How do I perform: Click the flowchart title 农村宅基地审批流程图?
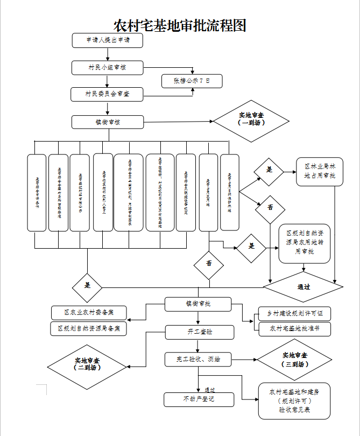click(x=180, y=25)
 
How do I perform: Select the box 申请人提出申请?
click(x=108, y=40)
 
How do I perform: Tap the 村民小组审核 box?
click(x=108, y=67)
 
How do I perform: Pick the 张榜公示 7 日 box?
click(x=192, y=81)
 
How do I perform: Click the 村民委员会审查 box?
click(x=108, y=94)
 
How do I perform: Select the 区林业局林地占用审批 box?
click(x=320, y=172)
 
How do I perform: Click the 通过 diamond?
click(x=303, y=286)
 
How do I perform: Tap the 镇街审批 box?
click(x=199, y=304)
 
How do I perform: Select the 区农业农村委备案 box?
click(x=89, y=313)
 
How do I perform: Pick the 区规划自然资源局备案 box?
click(x=89, y=328)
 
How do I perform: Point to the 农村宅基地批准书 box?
click(x=294, y=328)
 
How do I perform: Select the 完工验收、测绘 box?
click(x=199, y=358)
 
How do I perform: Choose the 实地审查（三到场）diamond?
click(x=295, y=360)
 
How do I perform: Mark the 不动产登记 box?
click(x=199, y=399)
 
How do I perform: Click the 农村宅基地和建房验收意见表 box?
click(x=294, y=401)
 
